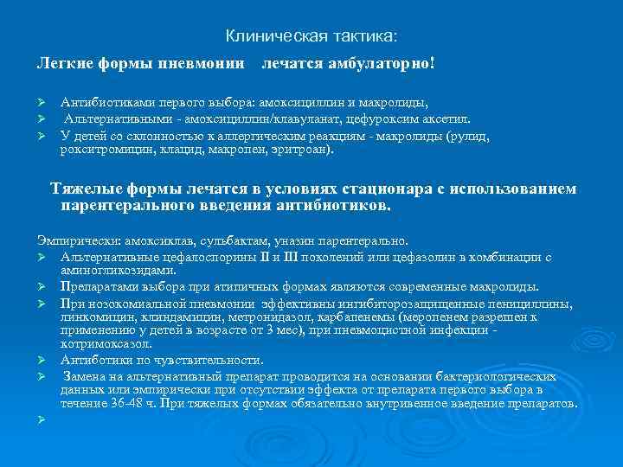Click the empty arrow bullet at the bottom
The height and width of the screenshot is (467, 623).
click(41, 419)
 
